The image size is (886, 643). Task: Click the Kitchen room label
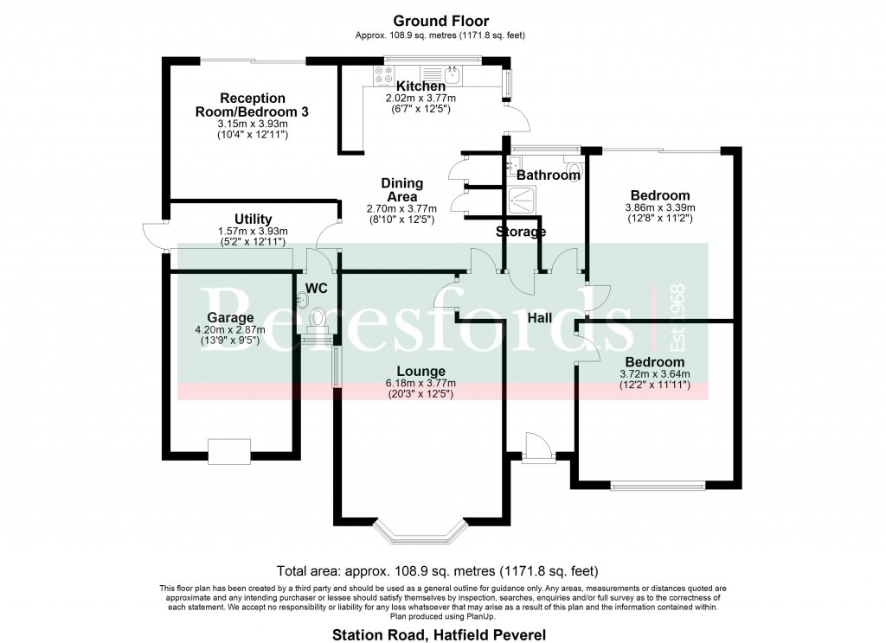421,86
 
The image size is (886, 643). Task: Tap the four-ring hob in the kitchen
380,76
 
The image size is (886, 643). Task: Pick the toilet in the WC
319,321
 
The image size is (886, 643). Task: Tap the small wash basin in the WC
302,299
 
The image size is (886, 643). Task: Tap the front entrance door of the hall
536,445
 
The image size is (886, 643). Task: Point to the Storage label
521,232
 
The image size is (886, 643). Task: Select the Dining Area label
402,190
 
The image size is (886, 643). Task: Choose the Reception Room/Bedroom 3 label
252,105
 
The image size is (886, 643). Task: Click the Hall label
541,318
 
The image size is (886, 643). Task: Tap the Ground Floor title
440,21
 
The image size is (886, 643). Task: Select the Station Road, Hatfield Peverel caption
440,635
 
